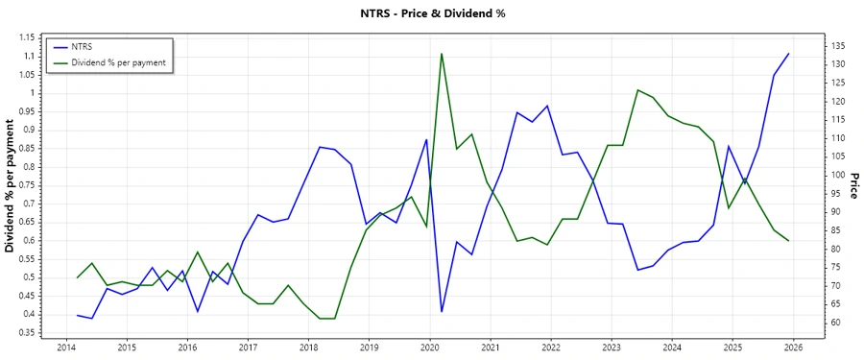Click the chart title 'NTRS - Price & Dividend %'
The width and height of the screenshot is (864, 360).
(431, 13)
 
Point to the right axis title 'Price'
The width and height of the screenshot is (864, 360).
(853, 185)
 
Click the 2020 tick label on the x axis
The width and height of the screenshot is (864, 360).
(429, 348)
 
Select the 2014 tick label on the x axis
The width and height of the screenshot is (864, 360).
(66, 348)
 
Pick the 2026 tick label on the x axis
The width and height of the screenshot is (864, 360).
(793, 348)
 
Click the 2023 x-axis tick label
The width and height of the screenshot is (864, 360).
(612, 348)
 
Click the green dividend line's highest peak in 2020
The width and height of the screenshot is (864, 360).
(442, 54)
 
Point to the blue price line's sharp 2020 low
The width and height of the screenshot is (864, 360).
(442, 311)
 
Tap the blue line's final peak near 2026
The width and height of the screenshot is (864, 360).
(788, 54)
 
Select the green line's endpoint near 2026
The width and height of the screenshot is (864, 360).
(788, 241)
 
